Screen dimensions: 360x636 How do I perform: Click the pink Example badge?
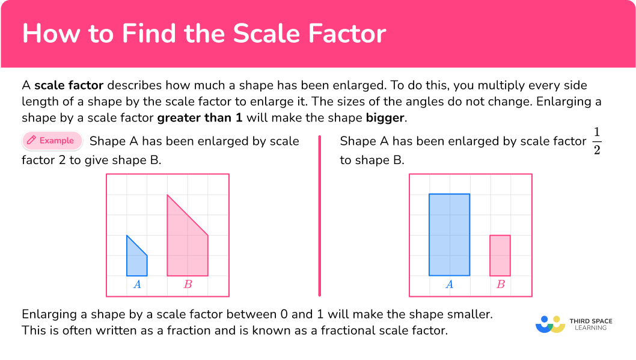coord(52,141)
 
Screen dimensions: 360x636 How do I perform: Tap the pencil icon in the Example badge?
coord(31,141)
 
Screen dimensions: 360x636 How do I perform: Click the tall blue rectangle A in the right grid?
coord(449,234)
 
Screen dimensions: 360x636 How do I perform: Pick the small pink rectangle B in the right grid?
coord(500,255)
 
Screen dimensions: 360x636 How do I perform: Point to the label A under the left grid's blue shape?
coord(137,284)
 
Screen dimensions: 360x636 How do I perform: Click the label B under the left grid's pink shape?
coord(188,284)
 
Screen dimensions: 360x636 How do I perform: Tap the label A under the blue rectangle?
coord(449,284)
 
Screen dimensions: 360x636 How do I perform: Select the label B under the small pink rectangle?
coord(500,284)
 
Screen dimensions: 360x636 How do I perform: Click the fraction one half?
coord(596,142)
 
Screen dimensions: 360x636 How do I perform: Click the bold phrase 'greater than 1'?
coord(200,117)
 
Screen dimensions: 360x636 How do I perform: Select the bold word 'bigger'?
coord(385,117)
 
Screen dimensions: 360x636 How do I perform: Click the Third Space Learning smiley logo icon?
coord(550,324)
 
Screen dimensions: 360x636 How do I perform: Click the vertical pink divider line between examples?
coord(319,216)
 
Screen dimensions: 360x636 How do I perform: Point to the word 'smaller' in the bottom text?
coord(471,314)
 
